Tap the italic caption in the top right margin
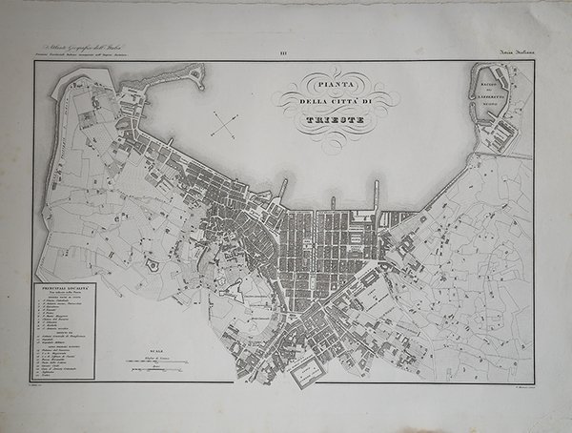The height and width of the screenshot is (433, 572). point(512,54)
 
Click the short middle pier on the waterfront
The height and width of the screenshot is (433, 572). point(332,203)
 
